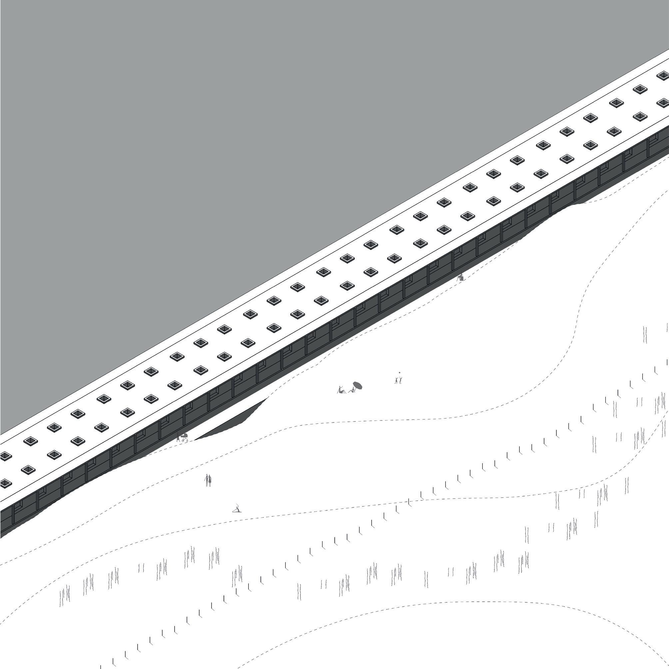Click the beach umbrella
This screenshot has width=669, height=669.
click(x=357, y=385)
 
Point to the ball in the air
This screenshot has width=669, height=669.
click(x=399, y=372)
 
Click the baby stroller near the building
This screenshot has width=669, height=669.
click(x=185, y=438)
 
